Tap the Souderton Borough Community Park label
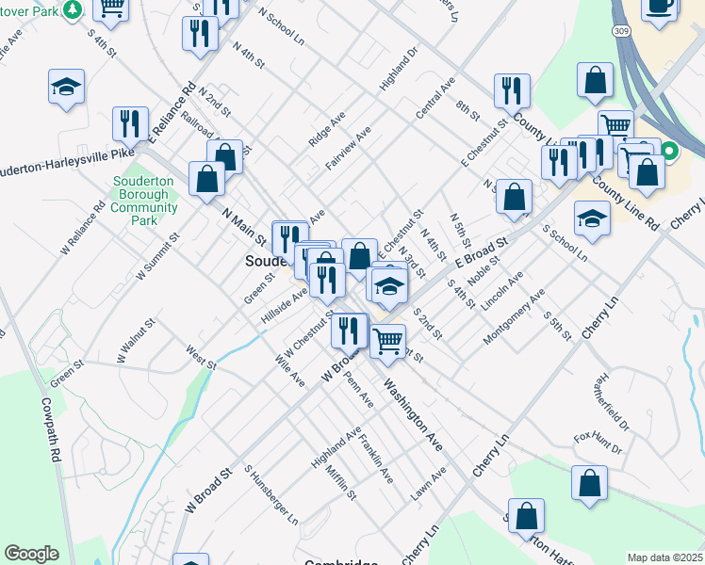(x=144, y=201)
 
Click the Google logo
(x=31, y=554)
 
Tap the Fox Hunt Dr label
(x=598, y=442)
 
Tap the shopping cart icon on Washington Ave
(x=387, y=341)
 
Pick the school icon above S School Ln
(x=591, y=218)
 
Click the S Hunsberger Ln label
(x=271, y=494)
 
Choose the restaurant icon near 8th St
(x=512, y=91)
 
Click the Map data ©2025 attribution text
(x=665, y=557)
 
